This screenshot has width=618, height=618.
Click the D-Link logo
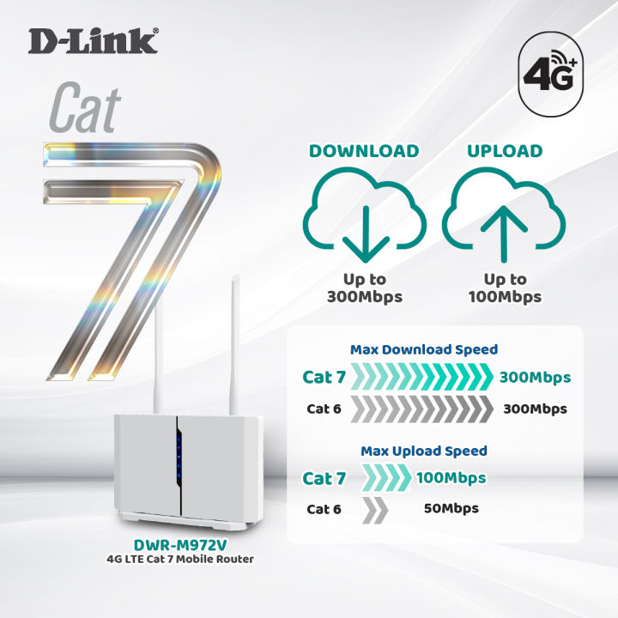tap(93, 40)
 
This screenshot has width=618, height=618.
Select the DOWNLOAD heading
tap(364, 151)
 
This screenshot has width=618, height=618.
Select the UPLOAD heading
tap(505, 151)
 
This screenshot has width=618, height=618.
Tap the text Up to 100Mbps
tap(506, 288)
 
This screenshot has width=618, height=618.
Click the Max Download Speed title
tap(424, 349)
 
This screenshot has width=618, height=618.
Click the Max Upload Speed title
tap(423, 451)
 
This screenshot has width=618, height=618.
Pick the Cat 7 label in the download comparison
tap(324, 378)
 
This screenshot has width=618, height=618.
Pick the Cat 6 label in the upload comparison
tap(324, 509)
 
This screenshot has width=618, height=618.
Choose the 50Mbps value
tap(451, 508)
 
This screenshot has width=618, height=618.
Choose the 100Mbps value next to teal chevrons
tap(451, 478)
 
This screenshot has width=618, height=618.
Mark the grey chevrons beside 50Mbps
tap(375, 509)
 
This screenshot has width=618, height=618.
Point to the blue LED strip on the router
tap(179, 457)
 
